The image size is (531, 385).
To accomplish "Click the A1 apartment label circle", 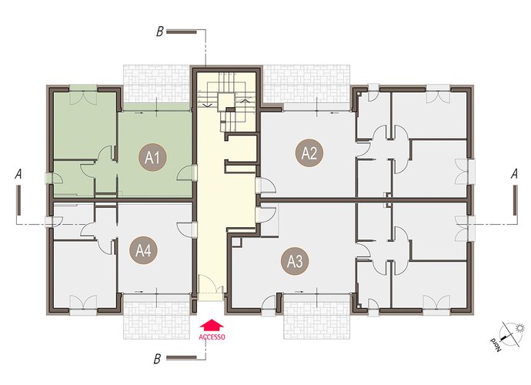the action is tap(152, 157).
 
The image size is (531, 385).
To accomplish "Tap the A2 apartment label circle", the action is tap(309, 153).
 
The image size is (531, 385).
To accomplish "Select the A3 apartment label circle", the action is tap(295, 261).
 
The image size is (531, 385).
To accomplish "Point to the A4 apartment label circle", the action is tap(144, 250).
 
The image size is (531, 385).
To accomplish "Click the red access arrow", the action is tap(212, 325).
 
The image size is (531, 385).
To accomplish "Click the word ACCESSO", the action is tap(212, 337).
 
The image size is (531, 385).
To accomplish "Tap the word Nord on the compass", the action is tap(495, 345).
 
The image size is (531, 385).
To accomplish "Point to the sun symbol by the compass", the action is tap(519, 328).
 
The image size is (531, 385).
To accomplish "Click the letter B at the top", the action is tap(159, 32).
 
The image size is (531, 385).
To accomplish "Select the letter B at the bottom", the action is tap(157, 359).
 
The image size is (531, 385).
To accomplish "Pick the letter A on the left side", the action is tap(18, 174).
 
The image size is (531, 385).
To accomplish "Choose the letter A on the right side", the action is tap(514, 174).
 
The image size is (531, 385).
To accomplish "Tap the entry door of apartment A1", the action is tap(185, 173).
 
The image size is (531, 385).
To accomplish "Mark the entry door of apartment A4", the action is tap(185, 230).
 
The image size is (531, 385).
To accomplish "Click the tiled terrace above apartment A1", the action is tap(156, 84).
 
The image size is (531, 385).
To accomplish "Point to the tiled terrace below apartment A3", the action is tap(316, 317).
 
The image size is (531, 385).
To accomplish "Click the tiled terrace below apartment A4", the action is tap(156, 317).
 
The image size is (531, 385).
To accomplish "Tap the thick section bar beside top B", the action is tap(182, 32).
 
